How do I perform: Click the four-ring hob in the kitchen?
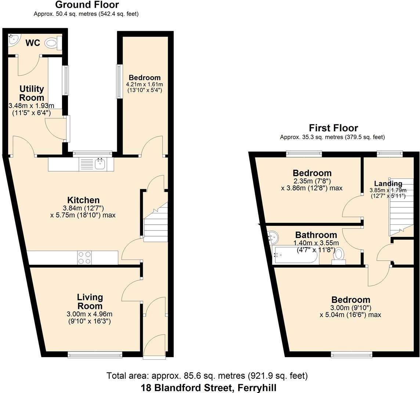pos(84,257)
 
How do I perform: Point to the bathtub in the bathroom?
pos(296,256)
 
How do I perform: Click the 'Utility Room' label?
pos(32,93)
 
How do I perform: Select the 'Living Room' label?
pos(90,301)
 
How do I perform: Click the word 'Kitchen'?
pos(83,200)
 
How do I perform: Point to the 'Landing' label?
pos(388,183)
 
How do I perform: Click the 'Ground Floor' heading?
pos(87,5)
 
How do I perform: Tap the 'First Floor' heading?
pos(333,128)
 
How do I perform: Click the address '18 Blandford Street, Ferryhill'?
pos(209,387)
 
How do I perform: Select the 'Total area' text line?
pos(207,376)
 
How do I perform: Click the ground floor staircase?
pos(155,224)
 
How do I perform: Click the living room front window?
pos(95,354)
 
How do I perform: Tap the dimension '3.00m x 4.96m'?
pos(89,314)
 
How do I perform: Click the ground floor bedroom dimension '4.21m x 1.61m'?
pos(144,84)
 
